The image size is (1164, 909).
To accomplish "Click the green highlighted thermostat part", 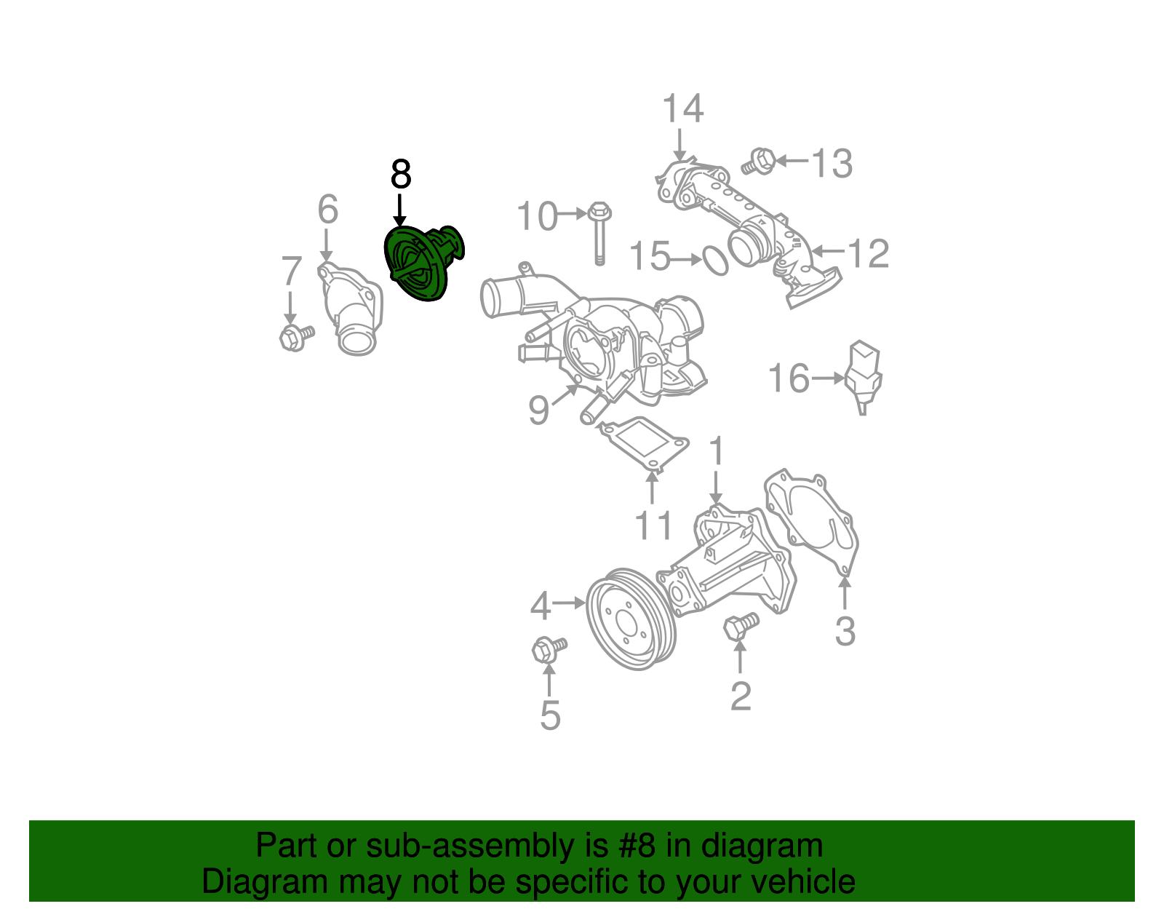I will [420, 263].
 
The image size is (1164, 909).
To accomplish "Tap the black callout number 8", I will [401, 175].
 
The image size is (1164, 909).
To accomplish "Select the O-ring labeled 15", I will [714, 261].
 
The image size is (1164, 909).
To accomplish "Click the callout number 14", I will [682, 109].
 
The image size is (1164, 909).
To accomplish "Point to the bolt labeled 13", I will [760, 161].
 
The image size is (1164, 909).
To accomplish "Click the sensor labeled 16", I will [864, 375].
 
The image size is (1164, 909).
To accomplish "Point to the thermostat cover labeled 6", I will [351, 313].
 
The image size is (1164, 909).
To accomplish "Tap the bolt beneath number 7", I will [295, 337].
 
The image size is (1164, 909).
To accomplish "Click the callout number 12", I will [869, 253].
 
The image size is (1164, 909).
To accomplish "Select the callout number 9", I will [538, 410].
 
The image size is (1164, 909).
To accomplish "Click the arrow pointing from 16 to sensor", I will [828, 378].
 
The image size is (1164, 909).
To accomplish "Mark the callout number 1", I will [717, 450].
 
